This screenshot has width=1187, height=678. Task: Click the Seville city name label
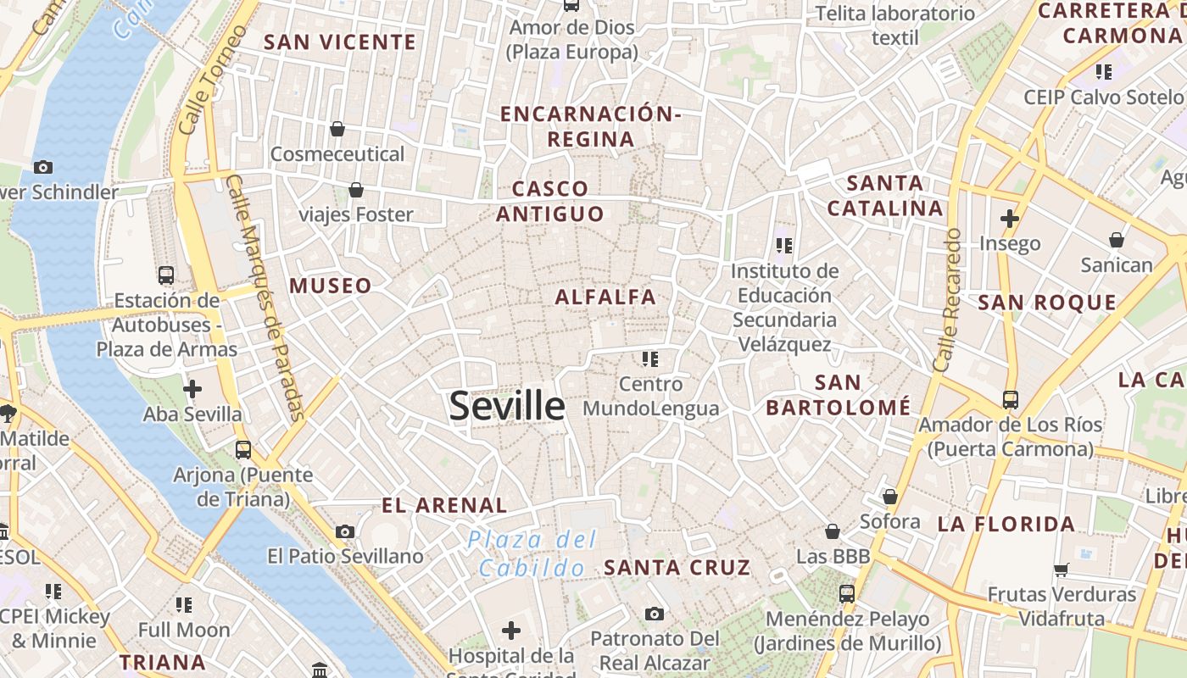507,406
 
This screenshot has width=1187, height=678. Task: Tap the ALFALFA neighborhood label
605,297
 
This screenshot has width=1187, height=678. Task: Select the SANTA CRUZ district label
677,567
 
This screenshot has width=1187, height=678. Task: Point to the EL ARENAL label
444,506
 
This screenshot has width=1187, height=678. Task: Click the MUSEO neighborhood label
331,286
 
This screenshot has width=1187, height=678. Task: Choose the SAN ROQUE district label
1047,303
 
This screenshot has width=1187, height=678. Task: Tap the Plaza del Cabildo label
533,553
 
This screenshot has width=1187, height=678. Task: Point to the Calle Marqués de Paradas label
266,298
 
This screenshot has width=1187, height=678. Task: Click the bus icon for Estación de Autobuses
166,275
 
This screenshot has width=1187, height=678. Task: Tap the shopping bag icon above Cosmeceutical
337,129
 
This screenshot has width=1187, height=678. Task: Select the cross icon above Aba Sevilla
192,389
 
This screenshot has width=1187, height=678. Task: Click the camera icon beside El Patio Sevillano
345,531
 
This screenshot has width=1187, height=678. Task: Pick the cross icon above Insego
1009,219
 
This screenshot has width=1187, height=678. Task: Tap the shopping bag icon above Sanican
1117,240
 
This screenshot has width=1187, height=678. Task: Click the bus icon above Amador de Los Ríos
1010,399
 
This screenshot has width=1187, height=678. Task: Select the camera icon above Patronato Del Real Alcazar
654,613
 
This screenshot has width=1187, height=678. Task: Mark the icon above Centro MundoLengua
650,359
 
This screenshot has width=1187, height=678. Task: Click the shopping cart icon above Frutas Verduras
1061,570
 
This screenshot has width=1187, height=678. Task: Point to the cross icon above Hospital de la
510,631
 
